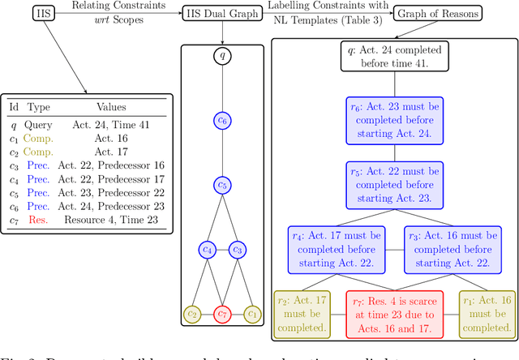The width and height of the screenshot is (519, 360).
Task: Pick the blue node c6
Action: [222, 120]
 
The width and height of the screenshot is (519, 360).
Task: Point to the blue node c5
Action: [222, 185]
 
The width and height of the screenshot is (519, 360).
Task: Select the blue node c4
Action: [207, 250]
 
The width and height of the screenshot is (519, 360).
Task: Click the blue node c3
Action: [238, 250]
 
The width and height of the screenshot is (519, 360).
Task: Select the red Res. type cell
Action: [36, 220]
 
